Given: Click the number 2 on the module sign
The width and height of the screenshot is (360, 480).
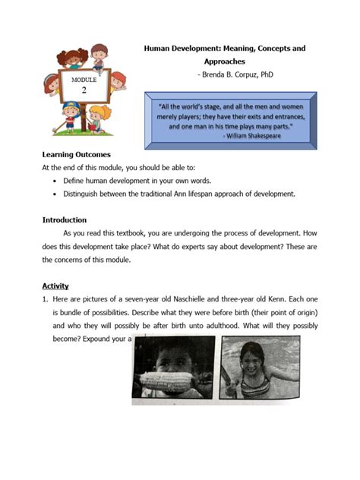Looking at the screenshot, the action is point(84,89).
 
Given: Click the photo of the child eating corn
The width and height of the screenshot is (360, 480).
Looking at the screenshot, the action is point(174,368).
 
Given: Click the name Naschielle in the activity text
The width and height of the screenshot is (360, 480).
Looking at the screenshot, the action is point(201,299).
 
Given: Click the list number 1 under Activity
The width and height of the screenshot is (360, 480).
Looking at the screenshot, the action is point(45,299).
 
